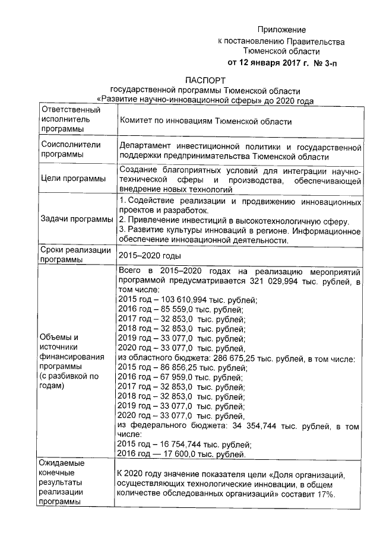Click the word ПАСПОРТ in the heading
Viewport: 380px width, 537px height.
coord(205,80)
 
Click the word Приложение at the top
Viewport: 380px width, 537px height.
coord(281,30)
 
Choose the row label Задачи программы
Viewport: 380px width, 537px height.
coord(76,220)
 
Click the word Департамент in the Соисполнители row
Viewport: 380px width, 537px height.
coord(146,145)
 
